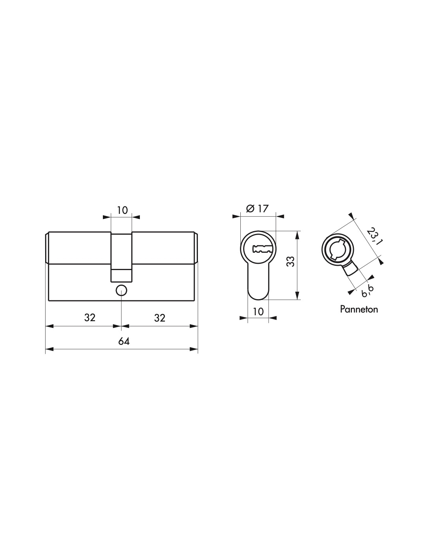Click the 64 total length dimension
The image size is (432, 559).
(x=124, y=341)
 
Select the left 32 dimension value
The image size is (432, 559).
(x=90, y=318)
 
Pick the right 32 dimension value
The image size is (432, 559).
(x=159, y=318)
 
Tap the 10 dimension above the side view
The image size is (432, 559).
(x=122, y=210)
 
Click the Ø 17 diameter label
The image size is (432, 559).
(x=257, y=208)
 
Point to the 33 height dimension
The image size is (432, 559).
(x=291, y=261)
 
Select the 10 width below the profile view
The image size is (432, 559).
(x=258, y=311)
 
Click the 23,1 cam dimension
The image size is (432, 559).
(x=373, y=236)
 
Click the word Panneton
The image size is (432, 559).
(x=359, y=309)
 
